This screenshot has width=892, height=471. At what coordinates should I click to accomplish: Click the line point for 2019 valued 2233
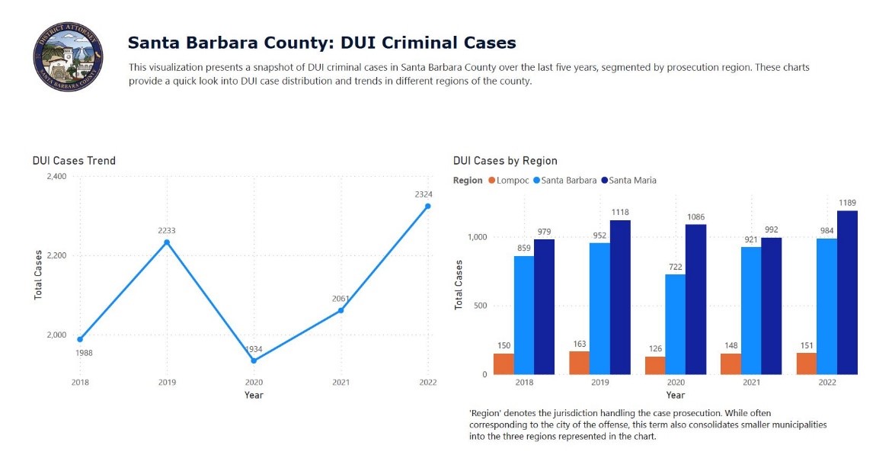pyautogui.click(x=167, y=242)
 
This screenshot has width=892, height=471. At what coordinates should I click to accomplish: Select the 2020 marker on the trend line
pyautogui.click(x=254, y=360)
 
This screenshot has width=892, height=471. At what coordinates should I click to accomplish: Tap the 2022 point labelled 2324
pyautogui.click(x=427, y=207)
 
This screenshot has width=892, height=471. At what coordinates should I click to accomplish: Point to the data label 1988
pyautogui.click(x=84, y=353)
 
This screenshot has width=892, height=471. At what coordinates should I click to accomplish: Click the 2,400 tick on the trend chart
pyautogui.click(x=56, y=177)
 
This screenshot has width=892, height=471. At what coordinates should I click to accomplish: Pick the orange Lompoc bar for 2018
pyautogui.click(x=504, y=364)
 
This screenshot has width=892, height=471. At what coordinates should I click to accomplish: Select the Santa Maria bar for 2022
pyautogui.click(x=847, y=293)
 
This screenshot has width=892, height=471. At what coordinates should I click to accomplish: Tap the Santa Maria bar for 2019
pyautogui.click(x=620, y=297)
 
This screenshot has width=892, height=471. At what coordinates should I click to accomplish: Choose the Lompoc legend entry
pyautogui.click(x=509, y=181)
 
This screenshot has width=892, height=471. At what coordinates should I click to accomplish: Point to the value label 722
pyautogui.click(x=676, y=266)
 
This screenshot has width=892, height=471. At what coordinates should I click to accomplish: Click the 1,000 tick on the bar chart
pyautogui.click(x=476, y=237)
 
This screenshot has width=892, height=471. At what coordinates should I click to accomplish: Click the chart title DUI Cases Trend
pyautogui.click(x=74, y=161)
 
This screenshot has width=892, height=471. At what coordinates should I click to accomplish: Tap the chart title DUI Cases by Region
pyautogui.click(x=505, y=161)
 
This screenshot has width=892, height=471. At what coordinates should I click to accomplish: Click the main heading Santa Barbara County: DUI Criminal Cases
pyautogui.click(x=321, y=43)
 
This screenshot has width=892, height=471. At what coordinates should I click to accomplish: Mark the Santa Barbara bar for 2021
pyautogui.click(x=751, y=310)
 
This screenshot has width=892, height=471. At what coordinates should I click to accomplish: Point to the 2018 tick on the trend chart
pyautogui.click(x=80, y=383)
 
